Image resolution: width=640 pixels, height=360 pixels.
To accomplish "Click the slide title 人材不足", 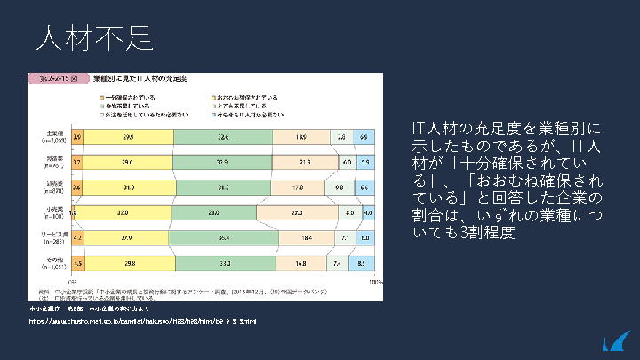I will pyautogui.click(x=94, y=37).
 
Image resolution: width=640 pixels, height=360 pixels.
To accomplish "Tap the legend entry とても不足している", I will pyautogui.click(x=244, y=106).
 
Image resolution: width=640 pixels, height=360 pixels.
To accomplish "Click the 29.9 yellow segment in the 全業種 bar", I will pyautogui.click(x=129, y=137).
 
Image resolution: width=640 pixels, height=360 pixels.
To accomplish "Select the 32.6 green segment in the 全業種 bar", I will pyautogui.click(x=222, y=137).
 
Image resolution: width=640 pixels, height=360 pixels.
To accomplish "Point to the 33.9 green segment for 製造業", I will pyautogui.click(x=222, y=163).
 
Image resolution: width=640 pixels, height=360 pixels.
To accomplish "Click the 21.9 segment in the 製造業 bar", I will pyautogui.click(x=303, y=163).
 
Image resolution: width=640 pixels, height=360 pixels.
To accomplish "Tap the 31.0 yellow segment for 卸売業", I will pyautogui.click(x=130, y=188).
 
